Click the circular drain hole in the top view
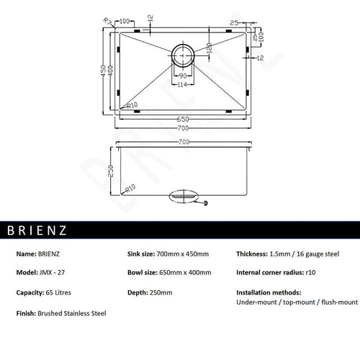[184, 55]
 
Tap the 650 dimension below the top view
[183, 118]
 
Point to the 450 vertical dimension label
[105, 71]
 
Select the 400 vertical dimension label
[112, 71]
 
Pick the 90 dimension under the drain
[183, 76]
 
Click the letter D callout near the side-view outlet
[206, 204]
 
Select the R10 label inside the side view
[130, 189]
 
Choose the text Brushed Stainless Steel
[72, 314]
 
